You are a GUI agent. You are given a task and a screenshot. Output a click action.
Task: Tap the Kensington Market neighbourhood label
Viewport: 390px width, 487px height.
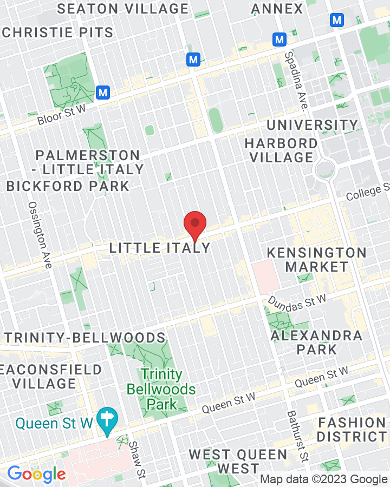(x=317, y=260)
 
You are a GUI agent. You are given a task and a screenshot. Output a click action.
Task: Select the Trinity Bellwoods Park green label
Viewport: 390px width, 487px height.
(x=161, y=389)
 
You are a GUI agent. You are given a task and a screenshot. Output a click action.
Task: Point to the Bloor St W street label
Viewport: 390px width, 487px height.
(x=62, y=115)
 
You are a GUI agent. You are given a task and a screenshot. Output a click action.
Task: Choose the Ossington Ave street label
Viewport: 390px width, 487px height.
(x=41, y=235)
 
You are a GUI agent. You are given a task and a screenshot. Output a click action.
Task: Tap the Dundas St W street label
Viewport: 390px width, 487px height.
(x=297, y=301)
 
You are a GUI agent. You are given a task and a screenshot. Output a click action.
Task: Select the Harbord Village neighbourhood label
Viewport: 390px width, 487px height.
(x=281, y=150)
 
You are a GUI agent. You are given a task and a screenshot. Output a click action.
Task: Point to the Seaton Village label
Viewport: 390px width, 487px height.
(x=122, y=9)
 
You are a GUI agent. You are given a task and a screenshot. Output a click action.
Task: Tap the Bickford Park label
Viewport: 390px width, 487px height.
(x=68, y=186)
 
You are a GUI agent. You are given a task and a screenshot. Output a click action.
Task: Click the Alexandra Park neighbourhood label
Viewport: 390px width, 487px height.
(x=316, y=342)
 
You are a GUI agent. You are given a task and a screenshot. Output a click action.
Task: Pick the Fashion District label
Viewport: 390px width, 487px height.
(x=352, y=429)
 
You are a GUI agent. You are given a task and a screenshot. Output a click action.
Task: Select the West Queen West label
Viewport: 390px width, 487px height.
(x=238, y=461)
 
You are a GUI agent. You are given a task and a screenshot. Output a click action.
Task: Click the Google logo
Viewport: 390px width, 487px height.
(x=36, y=475)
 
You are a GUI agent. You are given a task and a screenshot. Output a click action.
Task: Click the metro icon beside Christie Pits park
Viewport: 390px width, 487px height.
(x=103, y=93)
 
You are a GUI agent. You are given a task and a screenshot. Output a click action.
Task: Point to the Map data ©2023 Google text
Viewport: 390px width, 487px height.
(x=323, y=479)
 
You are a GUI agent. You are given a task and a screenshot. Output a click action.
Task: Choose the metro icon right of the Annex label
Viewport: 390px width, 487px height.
(x=337, y=20)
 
